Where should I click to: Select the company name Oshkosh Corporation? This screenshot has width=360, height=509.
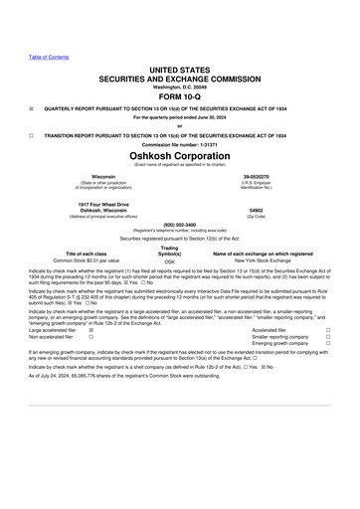pyautogui.click(x=180, y=156)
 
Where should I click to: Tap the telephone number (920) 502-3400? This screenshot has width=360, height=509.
pyautogui.click(x=180, y=224)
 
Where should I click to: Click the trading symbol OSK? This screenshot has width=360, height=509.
pyautogui.click(x=169, y=261)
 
